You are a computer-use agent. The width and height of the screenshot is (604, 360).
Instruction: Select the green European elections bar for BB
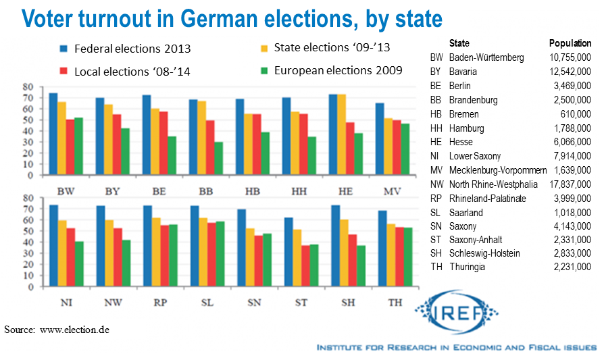(x=218, y=159)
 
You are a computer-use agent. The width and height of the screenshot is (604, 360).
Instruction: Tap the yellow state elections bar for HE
(x=341, y=135)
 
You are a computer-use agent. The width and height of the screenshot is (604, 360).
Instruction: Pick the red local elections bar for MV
(x=396, y=148)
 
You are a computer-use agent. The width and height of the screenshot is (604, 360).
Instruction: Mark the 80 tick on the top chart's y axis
(x=28, y=87)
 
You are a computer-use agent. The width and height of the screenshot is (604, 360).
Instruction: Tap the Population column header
(x=570, y=43)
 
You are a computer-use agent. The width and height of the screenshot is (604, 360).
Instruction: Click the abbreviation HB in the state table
(x=436, y=113)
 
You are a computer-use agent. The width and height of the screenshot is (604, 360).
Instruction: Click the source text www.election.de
(x=74, y=330)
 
